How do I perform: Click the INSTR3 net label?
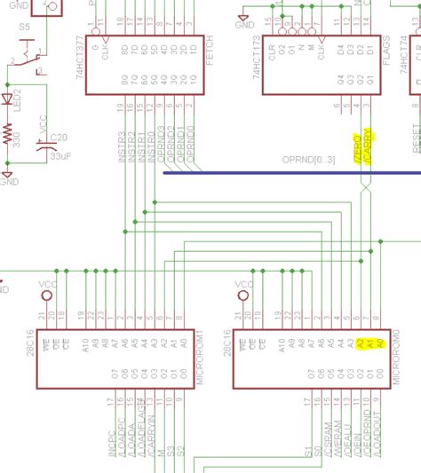tap(120, 145)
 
